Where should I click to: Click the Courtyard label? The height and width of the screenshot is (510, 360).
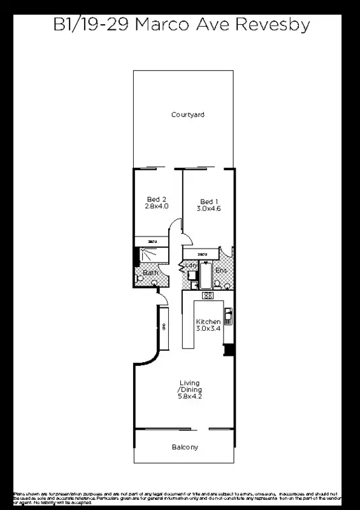pos(188,115)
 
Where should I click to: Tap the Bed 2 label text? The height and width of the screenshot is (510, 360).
pos(156,199)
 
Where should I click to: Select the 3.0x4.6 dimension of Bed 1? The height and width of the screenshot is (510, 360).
pos(208,208)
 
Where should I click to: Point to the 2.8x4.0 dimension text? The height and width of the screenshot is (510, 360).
pos(156,207)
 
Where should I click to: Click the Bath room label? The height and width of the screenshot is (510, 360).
pos(150,273)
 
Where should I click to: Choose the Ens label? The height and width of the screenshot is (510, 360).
pos(221,271)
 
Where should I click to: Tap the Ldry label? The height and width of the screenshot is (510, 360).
pos(190,265)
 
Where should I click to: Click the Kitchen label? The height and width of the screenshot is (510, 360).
pos(208,321)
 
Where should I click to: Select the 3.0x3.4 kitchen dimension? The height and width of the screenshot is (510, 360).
pos(208,329)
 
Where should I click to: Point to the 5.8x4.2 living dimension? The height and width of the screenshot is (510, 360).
pos(189,397)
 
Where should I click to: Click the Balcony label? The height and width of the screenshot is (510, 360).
pos(185,448)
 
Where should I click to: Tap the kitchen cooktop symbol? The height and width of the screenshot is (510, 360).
pos(207,296)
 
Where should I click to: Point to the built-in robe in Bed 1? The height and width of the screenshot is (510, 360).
pos(203,254)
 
